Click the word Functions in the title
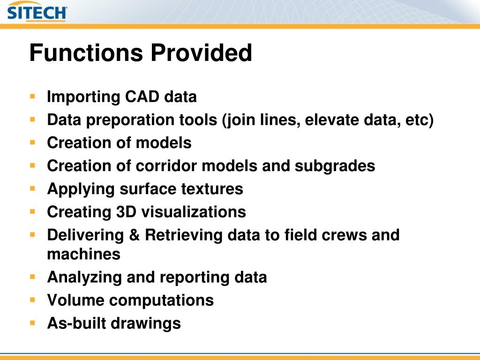(86, 52)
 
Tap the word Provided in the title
(201, 52)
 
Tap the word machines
(83, 255)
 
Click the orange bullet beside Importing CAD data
(32, 97)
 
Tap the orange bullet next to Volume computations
(32, 300)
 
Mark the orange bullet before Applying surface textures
(32, 188)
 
